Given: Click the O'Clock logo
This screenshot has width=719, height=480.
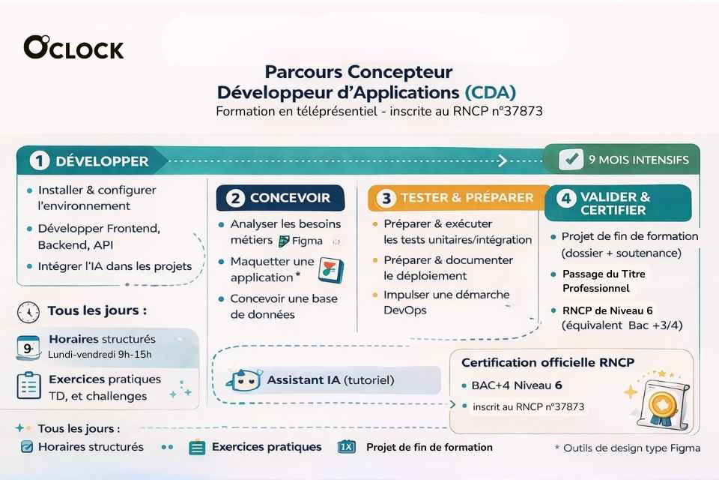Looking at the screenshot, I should [x=73, y=48].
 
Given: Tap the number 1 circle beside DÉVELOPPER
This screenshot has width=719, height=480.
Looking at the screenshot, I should [x=40, y=160].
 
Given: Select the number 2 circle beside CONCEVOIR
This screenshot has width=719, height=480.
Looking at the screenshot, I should [x=234, y=199].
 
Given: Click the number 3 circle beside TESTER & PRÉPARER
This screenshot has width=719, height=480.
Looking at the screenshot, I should [x=386, y=199].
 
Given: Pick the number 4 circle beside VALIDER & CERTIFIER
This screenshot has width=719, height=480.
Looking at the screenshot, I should [x=566, y=199].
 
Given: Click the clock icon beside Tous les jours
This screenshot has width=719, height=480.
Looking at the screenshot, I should [x=28, y=311].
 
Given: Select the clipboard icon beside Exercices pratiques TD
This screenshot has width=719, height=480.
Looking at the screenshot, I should [x=28, y=385].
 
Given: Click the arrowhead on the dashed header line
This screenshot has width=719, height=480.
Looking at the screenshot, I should [x=503, y=160].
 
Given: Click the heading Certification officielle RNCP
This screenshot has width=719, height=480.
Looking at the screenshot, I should [x=547, y=363].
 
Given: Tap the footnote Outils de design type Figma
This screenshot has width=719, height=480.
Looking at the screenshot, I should [x=627, y=448].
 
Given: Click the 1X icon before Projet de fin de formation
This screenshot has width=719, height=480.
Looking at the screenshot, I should [x=347, y=447].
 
